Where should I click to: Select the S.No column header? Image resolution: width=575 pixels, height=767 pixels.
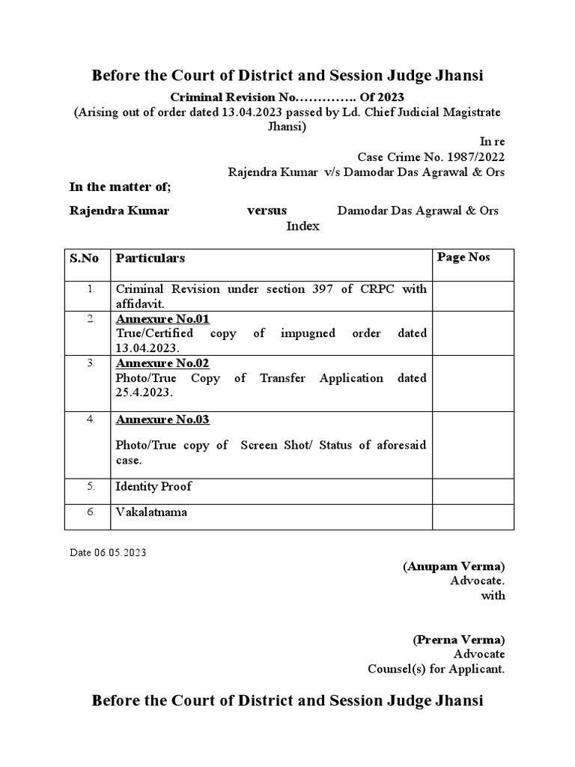[84, 258]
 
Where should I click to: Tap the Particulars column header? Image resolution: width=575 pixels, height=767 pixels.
[150, 258]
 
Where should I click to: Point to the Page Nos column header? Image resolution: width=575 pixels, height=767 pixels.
[463, 257]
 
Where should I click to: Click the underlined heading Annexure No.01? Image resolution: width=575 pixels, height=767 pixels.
[162, 319]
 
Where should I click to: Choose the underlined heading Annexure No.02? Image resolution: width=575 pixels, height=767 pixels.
[162, 364]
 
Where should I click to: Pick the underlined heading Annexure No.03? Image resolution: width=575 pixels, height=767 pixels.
[162, 419]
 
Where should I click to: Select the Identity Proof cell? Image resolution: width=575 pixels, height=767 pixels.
[153, 486]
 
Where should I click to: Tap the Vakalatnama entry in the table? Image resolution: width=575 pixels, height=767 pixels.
[152, 513]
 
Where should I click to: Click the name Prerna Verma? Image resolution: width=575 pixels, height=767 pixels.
[458, 640]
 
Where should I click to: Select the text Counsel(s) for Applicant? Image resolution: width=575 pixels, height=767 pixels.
[436, 669]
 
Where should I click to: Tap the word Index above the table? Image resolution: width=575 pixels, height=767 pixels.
[303, 225]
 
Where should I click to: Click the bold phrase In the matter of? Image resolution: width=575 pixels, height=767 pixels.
[121, 187]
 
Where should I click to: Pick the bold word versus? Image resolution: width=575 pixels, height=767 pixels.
[267, 210]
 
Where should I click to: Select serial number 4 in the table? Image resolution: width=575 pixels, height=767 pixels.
[90, 419]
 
